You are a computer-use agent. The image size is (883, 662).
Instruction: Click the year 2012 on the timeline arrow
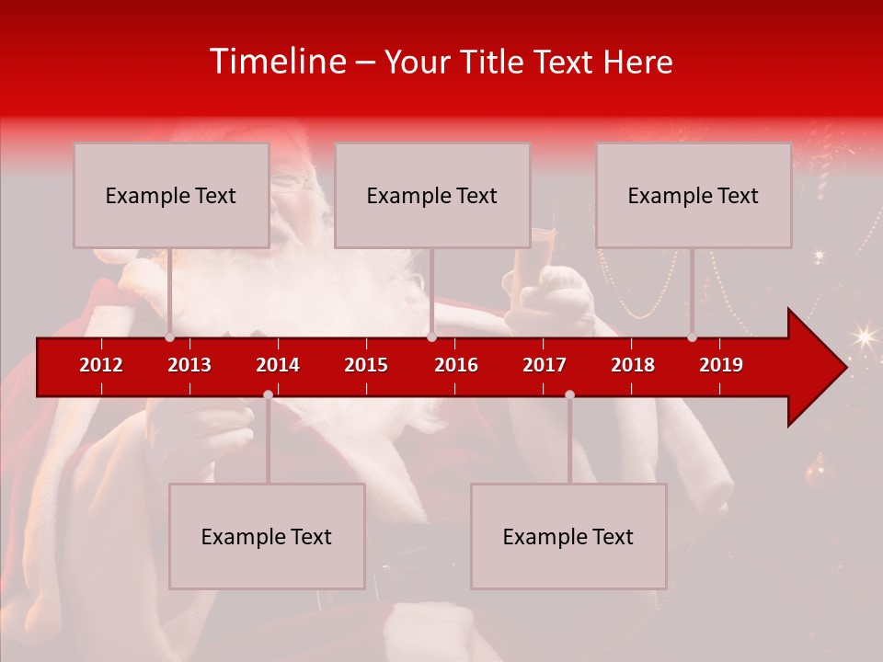tap(101, 365)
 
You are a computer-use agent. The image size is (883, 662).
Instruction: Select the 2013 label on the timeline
tap(189, 365)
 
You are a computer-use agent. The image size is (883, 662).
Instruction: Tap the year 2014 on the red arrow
tap(278, 365)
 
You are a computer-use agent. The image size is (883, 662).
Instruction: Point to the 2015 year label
tap(366, 365)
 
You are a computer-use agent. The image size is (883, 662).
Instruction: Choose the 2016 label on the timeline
tap(456, 365)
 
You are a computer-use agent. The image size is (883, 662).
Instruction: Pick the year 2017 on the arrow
tap(545, 365)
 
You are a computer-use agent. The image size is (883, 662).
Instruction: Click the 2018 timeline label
tap(633, 365)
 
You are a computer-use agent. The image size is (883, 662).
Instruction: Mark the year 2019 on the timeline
tap(721, 365)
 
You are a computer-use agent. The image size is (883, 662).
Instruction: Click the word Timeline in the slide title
tap(277, 62)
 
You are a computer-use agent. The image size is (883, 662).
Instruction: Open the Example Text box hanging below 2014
tap(267, 536)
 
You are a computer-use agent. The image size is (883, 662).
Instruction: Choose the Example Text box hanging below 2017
tap(568, 536)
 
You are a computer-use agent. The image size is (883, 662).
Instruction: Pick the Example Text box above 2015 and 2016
tap(432, 195)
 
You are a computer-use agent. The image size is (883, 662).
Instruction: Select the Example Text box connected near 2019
tap(694, 195)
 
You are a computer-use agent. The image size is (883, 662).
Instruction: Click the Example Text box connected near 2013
tap(171, 195)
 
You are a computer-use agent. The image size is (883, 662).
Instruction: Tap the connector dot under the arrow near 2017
tap(569, 394)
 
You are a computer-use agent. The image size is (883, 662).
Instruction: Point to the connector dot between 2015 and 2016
tap(431, 337)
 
